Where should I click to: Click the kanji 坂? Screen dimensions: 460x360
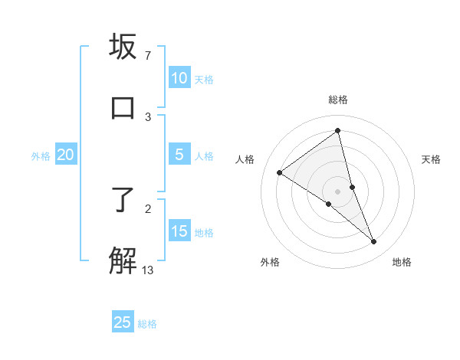tap(123, 47)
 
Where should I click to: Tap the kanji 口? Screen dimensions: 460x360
tap(123, 107)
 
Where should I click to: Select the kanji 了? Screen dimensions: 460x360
tap(123, 201)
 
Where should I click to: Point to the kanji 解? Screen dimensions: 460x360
tap(123, 260)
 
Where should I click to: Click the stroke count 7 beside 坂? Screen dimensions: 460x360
tap(147, 56)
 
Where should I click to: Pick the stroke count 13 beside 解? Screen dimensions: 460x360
tap(148, 270)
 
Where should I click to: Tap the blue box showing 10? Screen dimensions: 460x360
tap(179, 78)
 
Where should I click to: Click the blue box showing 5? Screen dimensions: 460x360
tap(179, 155)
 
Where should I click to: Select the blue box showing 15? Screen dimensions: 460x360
tap(179, 231)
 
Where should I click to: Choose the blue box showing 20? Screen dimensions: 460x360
tap(65, 155)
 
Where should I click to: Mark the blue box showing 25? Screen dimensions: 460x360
tap(123, 322)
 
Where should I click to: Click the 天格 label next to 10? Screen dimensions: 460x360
tap(204, 80)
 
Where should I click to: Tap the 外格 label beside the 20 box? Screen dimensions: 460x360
tap(41, 156)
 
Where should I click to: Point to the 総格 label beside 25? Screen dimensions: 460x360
tap(147, 324)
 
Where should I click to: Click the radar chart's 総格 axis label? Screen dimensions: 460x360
tap(337, 100)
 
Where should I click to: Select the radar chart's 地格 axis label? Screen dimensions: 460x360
tap(402, 262)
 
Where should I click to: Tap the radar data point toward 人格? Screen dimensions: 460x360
tap(279, 172)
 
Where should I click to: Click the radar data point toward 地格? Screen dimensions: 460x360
tap(374, 241)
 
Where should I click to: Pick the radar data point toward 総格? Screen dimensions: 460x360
tap(337, 131)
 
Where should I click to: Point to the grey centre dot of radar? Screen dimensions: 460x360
tap(337, 191)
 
